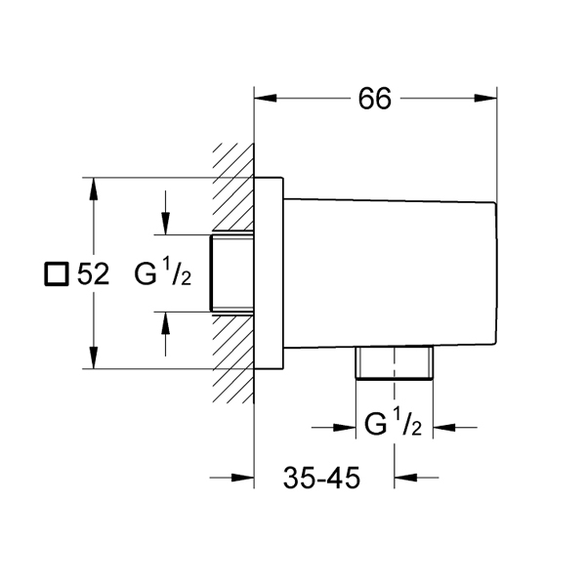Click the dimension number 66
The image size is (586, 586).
374,99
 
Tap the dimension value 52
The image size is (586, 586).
93,273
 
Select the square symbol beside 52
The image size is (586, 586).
57,273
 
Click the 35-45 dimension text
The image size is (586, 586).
321,478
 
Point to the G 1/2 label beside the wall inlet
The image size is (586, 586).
163,273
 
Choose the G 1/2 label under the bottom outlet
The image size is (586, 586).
394,423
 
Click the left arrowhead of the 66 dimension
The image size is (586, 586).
266,99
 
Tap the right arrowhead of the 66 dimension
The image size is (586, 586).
485,99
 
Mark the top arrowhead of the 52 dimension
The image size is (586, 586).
94,189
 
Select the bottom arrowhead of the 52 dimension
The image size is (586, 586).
94,357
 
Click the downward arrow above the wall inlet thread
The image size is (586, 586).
165,213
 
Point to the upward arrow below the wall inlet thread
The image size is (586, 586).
165,334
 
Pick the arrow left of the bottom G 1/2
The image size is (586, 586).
333,428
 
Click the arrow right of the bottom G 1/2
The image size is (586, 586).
455,427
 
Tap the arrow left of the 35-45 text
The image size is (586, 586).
231,478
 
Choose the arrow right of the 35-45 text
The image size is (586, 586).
416,478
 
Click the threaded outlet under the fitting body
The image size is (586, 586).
395,363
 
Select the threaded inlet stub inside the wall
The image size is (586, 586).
231,273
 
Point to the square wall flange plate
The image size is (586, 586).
269,273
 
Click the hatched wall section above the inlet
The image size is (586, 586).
233,187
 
